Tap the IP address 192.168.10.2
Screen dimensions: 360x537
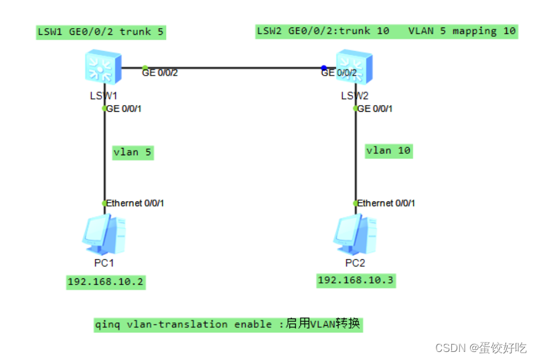[105, 282]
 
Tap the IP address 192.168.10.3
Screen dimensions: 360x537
[356, 280]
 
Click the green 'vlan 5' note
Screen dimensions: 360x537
[133, 153]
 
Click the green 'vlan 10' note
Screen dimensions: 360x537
[388, 151]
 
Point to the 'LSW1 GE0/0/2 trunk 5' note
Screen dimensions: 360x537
[100, 31]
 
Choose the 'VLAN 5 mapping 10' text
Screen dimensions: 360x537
[462, 31]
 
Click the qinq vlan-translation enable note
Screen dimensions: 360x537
[228, 325]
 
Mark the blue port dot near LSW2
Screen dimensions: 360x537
[323, 68]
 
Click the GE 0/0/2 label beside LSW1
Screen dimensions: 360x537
[161, 72]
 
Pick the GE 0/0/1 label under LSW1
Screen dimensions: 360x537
[125, 108]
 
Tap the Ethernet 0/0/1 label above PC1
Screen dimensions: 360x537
[135, 203]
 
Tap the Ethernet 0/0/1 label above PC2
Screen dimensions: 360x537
[386, 203]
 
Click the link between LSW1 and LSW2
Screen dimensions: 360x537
[234, 68]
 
